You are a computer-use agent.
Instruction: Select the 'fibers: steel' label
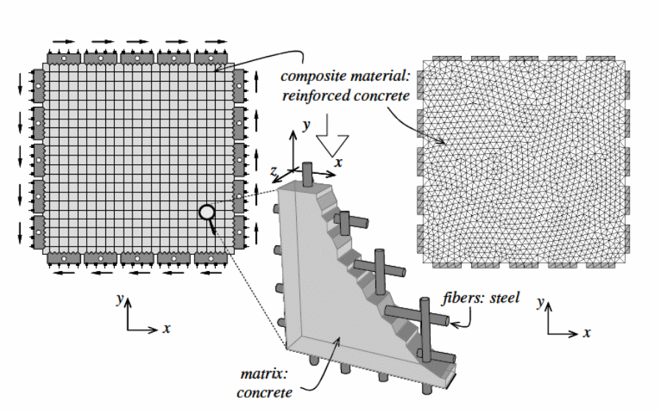click(x=482, y=298)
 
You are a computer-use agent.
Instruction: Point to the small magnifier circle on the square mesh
click(x=207, y=213)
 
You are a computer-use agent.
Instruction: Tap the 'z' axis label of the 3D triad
click(x=273, y=171)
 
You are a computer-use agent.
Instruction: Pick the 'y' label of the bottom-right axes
click(x=540, y=302)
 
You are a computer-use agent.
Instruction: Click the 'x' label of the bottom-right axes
click(x=587, y=332)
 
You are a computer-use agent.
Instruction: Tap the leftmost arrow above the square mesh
click(x=64, y=42)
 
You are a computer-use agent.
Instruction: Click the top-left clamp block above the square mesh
click(x=64, y=57)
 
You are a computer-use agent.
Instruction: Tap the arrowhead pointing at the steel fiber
click(x=451, y=320)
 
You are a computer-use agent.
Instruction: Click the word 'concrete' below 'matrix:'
click(x=264, y=392)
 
